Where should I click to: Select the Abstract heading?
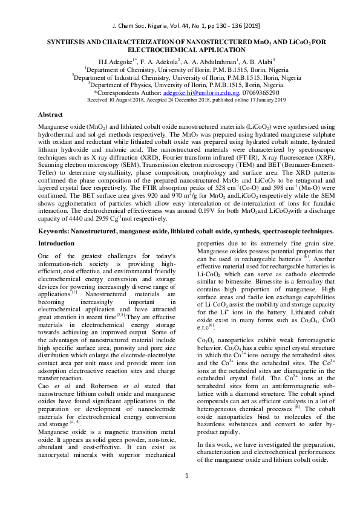coord(50,114)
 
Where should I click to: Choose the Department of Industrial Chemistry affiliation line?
coord(179,77)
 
